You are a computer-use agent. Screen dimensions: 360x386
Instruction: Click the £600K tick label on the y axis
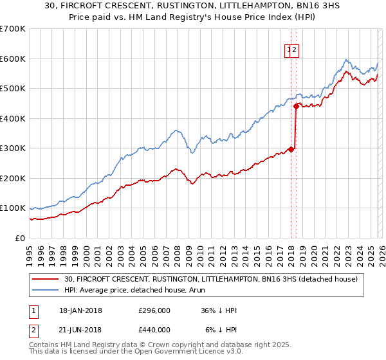13,59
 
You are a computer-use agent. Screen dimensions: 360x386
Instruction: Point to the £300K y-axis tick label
13,148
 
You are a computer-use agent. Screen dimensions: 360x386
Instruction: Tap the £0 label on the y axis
21,239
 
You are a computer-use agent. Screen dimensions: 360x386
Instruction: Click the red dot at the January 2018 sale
291,149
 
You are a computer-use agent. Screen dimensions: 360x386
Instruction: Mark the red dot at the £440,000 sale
296,106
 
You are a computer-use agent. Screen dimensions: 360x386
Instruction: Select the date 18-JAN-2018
80,310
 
